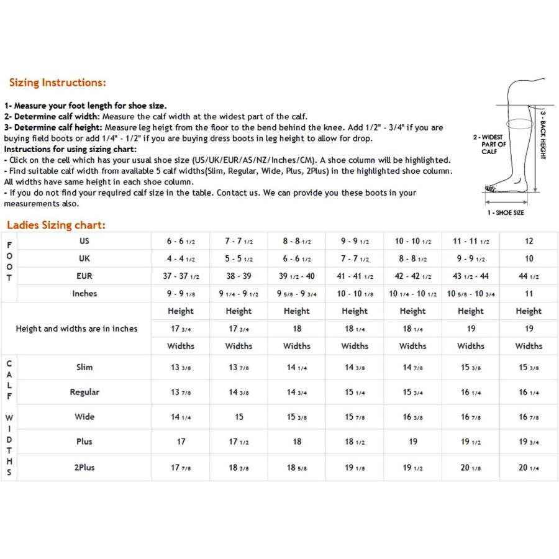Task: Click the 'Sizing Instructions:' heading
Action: click(x=57, y=83)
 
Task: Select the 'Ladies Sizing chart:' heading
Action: click(x=56, y=225)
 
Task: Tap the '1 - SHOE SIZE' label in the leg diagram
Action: click(x=505, y=212)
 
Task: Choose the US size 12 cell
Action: click(x=529, y=241)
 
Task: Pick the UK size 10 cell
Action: click(x=529, y=258)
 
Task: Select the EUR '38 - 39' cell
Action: click(x=239, y=276)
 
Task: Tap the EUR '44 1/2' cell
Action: click(x=529, y=276)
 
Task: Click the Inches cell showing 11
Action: click(x=529, y=293)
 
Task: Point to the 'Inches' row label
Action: click(x=84, y=293)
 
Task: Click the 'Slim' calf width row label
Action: click(x=84, y=367)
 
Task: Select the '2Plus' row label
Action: click(x=84, y=467)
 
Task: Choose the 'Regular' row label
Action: click(x=84, y=392)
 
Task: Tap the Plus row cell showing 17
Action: click(x=181, y=442)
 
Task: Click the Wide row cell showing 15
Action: click(x=239, y=417)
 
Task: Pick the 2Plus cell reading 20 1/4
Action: click(x=529, y=467)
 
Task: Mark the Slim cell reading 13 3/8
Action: click(x=181, y=367)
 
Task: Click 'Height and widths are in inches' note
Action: click(x=76, y=329)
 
